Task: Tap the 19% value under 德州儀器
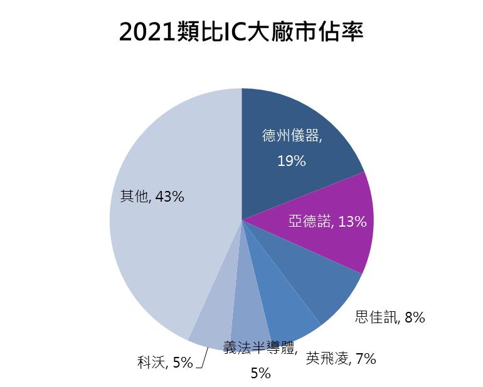pos(291,161)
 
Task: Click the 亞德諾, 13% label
pos(327,221)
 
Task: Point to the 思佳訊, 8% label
pos(390,317)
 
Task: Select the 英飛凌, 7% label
pos(341,359)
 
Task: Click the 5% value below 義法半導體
pos(260,374)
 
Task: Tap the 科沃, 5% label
pos(165,362)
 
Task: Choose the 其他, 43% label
pos(152,197)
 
